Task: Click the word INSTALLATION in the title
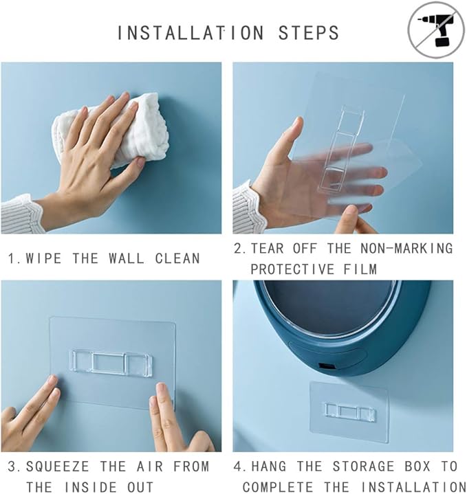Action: tap(191, 33)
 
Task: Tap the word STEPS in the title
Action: tap(308, 33)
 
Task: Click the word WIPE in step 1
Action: tap(43, 258)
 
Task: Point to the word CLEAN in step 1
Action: tap(177, 258)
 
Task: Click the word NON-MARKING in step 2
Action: tap(406, 248)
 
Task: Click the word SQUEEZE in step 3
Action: tap(58, 467)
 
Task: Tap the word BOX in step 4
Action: tap(417, 467)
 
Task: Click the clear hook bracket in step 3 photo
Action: tap(110, 363)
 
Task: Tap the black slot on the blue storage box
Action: tap(327, 366)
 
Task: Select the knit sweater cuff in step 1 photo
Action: tap(21, 214)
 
